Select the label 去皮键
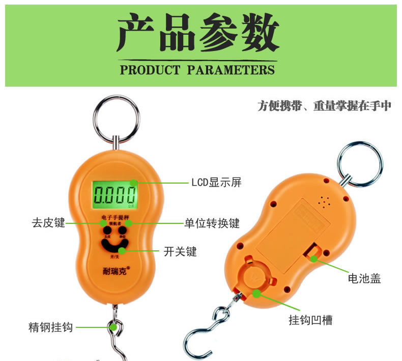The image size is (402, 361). click(49, 223)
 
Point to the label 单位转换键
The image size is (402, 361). click(212, 223)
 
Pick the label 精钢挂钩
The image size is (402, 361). click(50, 327)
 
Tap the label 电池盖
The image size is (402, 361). click(364, 278)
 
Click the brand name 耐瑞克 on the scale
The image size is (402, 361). click(114, 271)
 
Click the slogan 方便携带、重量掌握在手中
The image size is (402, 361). click(324, 106)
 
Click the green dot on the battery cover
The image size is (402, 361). click(314, 259)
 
